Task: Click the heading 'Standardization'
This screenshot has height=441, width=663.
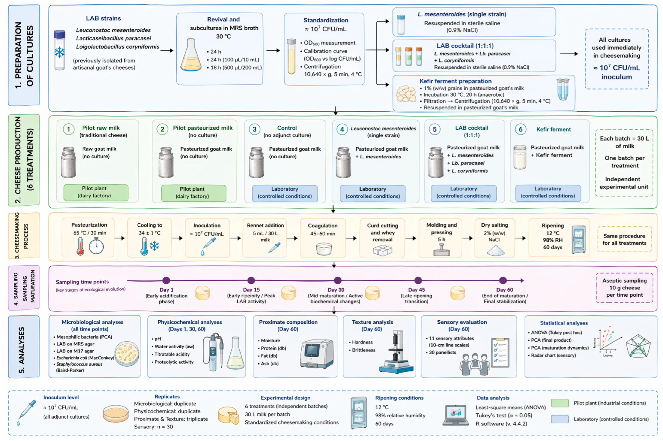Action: click(x=326, y=20)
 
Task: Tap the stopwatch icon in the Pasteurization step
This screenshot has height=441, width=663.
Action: click(x=96, y=246)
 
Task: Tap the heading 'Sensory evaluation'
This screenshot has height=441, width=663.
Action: click(x=462, y=322)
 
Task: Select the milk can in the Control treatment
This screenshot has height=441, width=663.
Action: click(x=256, y=162)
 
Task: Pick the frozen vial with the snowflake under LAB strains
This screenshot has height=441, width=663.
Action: click(x=59, y=50)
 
